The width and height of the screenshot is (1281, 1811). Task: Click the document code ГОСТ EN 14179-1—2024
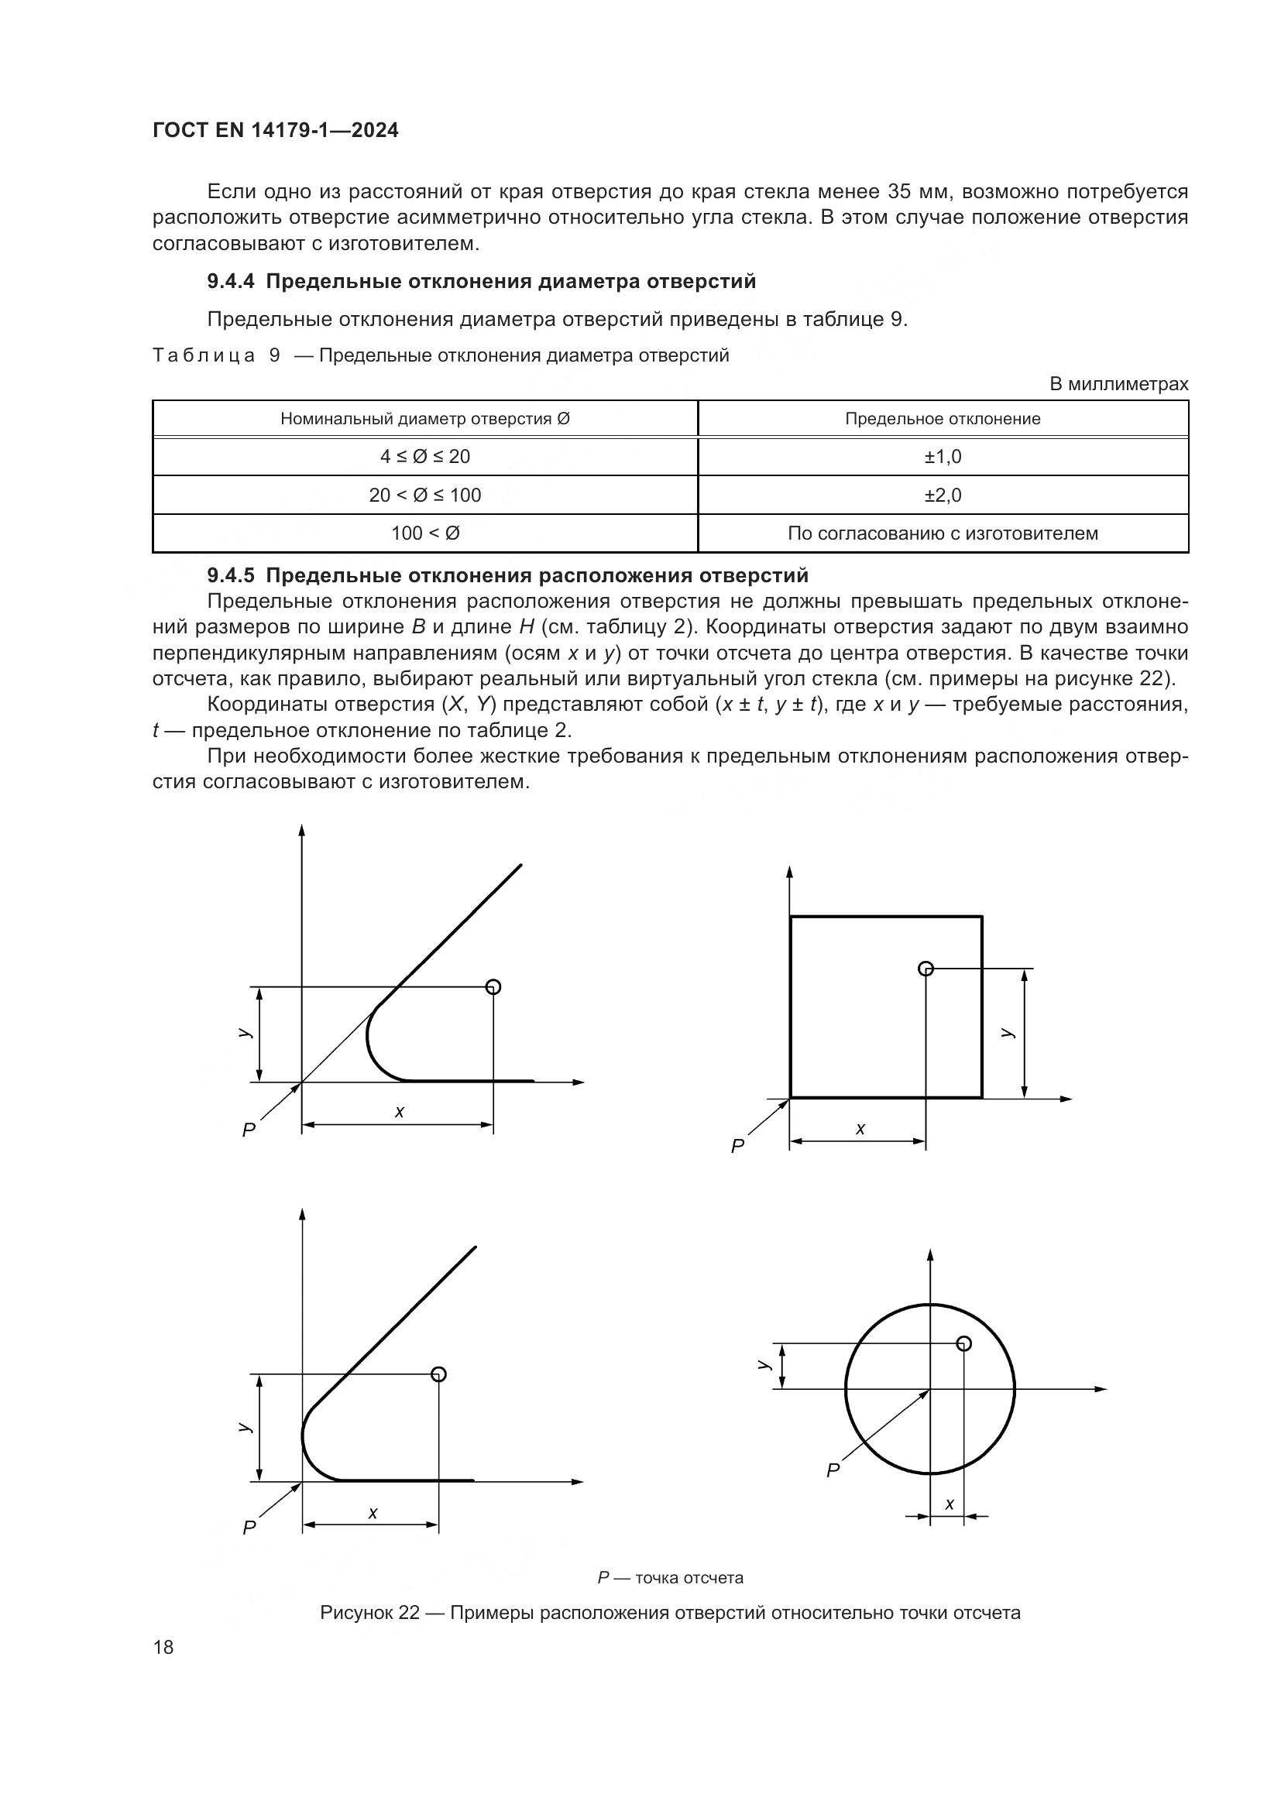point(275,130)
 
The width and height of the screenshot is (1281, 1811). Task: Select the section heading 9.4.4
point(481,282)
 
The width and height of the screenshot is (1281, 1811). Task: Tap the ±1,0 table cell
point(943,457)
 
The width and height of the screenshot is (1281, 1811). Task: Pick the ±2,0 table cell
point(943,496)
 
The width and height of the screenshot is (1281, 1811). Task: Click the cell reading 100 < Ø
point(425,533)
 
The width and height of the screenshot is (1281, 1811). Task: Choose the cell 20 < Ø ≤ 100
point(425,496)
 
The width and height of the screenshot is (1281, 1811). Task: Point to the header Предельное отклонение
point(943,419)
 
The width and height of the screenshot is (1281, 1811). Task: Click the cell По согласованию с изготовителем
point(943,533)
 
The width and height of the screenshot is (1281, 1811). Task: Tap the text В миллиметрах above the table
point(1118,384)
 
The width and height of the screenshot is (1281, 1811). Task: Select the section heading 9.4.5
point(507,575)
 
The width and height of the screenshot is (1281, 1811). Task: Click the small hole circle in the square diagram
point(926,969)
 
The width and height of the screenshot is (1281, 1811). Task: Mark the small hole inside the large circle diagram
point(963,1343)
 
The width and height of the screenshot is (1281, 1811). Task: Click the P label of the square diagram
point(737,1146)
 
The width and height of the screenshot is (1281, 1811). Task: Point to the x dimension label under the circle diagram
point(950,1504)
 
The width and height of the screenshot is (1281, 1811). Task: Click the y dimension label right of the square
point(1007,1033)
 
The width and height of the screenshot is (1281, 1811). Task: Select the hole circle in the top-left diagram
point(493,986)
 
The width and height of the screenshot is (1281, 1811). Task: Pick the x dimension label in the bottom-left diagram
point(373,1513)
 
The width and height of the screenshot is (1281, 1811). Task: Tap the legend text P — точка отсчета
point(670,1577)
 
